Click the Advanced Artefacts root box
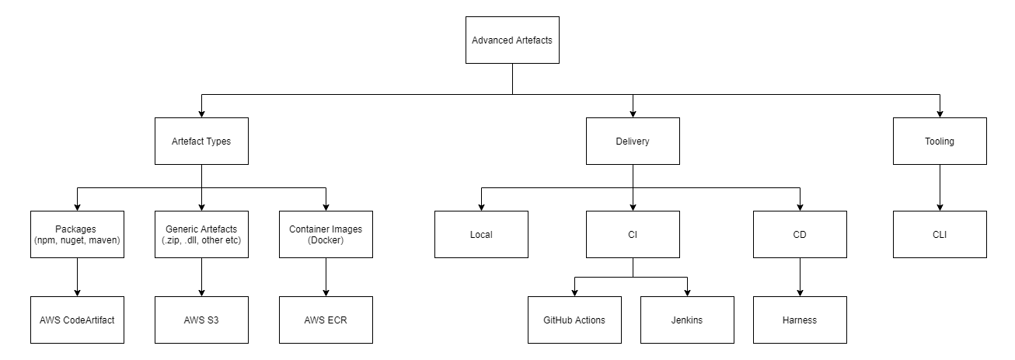(512, 40)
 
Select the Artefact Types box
(201, 142)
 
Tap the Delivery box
(633, 142)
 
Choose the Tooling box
(940, 142)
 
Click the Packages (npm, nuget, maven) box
(77, 235)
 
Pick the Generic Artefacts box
(201, 235)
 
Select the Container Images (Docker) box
(326, 235)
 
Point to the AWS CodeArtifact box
(77, 320)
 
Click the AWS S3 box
(201, 320)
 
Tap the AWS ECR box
(326, 320)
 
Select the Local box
(481, 234)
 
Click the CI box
(633, 234)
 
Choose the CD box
(800, 234)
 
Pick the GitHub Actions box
(574, 320)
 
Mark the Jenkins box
(687, 320)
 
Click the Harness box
(800, 320)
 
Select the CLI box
(940, 234)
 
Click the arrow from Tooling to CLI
(940, 187)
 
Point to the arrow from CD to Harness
(800, 277)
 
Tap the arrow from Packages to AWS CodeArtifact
(77, 277)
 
